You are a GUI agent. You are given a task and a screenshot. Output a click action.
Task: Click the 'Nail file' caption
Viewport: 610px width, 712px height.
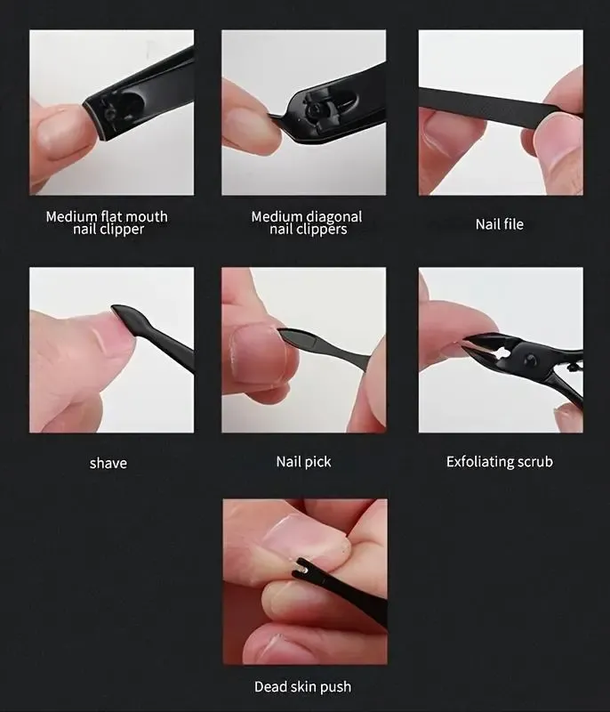click(x=500, y=224)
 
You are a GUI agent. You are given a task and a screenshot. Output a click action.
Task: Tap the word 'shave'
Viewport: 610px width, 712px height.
click(x=108, y=463)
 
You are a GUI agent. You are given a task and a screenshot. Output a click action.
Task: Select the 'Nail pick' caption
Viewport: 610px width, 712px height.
click(x=303, y=462)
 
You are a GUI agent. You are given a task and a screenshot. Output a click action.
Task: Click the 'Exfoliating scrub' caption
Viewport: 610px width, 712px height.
click(x=500, y=462)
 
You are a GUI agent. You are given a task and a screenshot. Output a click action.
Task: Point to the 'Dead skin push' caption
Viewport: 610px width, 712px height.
click(x=302, y=686)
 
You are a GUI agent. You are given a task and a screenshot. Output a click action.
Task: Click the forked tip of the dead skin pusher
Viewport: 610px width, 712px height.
click(x=301, y=570)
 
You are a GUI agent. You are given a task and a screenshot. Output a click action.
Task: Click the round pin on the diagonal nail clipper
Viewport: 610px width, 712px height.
click(x=314, y=110)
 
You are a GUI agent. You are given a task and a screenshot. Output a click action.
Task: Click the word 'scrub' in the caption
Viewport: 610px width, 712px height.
click(x=535, y=461)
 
